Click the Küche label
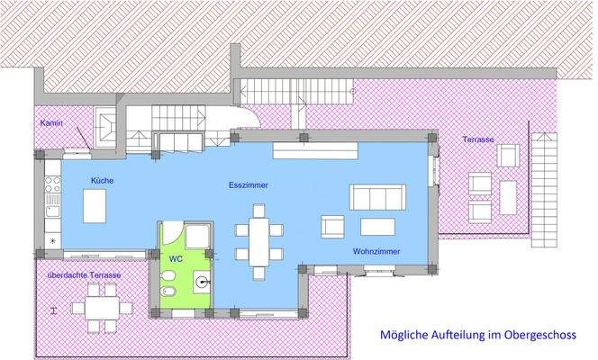[x=102, y=181]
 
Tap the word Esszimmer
[x=249, y=185]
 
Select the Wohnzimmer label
[x=376, y=252]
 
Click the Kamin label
[x=50, y=123]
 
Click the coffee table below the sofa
[x=379, y=226]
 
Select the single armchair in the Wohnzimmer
[x=332, y=229]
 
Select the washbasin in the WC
[x=202, y=282]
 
